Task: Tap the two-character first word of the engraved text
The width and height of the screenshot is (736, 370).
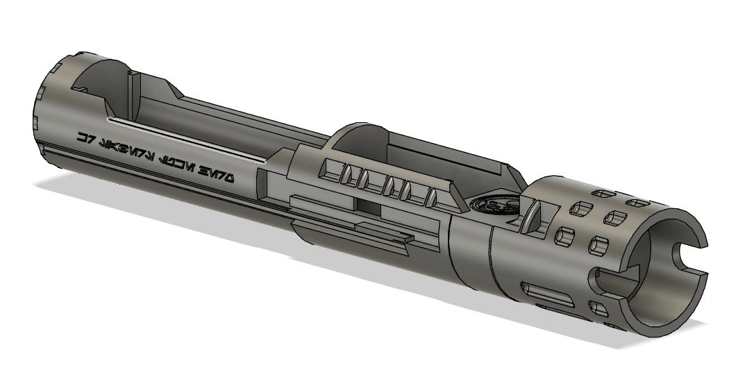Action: pyautogui.click(x=85, y=138)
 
